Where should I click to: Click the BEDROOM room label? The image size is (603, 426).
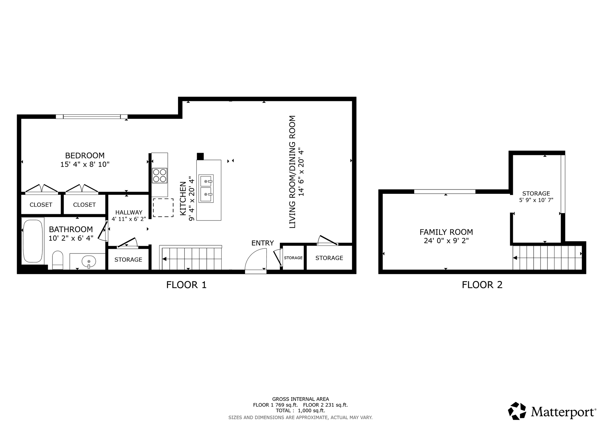click(x=85, y=156)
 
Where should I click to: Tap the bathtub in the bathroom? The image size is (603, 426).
click(x=33, y=241)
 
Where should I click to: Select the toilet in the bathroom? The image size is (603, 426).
click(x=57, y=260)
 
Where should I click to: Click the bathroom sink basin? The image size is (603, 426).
click(x=89, y=261)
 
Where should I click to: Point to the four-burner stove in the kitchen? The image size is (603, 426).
click(x=160, y=176)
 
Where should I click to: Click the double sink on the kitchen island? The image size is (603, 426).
click(x=206, y=189)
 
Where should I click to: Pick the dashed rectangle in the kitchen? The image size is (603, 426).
click(x=163, y=208)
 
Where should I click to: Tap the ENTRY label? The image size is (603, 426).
click(x=263, y=243)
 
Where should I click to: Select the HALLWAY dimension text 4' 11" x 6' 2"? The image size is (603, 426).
click(x=129, y=219)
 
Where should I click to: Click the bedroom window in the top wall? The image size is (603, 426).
click(x=92, y=117)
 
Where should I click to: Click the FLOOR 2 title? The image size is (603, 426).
click(x=482, y=285)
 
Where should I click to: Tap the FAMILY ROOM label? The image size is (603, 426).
click(x=446, y=232)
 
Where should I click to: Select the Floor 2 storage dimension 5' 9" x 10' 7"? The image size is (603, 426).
click(x=536, y=200)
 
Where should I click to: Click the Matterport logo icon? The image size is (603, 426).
click(x=517, y=411)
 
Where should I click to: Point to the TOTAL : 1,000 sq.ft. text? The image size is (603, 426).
click(x=301, y=411)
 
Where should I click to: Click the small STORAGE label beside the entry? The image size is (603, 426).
click(x=293, y=258)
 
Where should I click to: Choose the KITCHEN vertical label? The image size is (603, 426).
click(x=183, y=199)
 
